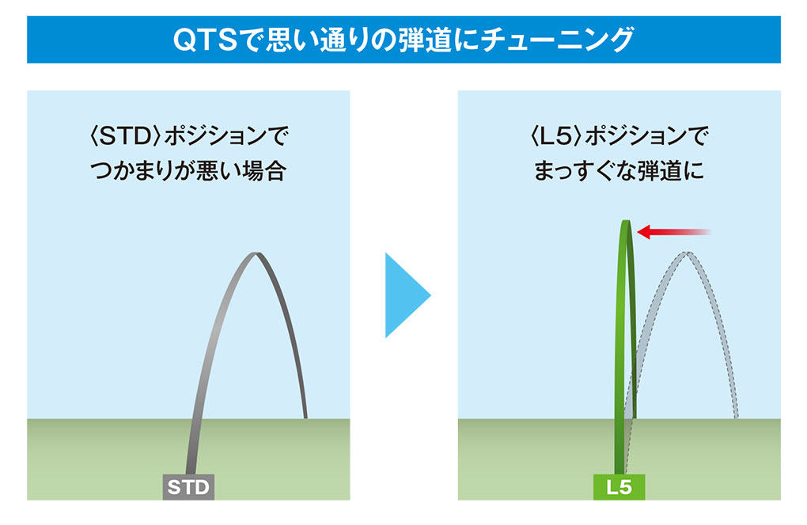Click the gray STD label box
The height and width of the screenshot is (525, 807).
point(188,486)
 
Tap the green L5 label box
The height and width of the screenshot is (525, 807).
point(619,486)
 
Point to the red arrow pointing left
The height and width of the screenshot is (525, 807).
point(672,231)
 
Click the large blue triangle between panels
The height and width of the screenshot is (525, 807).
point(405,295)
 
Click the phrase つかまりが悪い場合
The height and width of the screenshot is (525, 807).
point(188,171)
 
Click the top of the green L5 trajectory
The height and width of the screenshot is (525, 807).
point(626,223)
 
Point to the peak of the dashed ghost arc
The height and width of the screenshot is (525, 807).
point(687,254)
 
